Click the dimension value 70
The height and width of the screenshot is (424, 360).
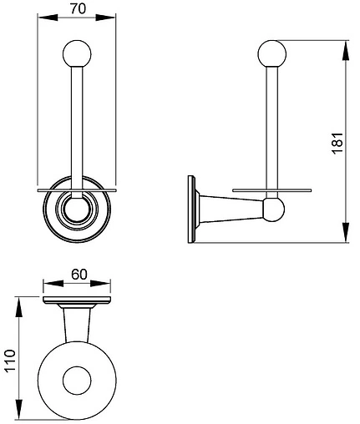click(x=78, y=9)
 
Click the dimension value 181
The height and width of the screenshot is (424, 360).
click(x=337, y=143)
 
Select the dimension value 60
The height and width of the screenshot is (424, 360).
click(x=79, y=275)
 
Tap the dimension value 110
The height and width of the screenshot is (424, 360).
click(x=9, y=361)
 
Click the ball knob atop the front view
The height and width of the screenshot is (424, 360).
click(x=77, y=54)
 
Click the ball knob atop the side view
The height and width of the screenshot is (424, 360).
click(x=272, y=54)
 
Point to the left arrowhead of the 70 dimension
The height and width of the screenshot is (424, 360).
click(x=48, y=18)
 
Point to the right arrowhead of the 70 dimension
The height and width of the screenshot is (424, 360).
click(x=105, y=18)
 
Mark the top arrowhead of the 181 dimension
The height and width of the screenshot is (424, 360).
click(x=345, y=50)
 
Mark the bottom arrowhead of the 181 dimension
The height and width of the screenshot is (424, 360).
click(x=345, y=232)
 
